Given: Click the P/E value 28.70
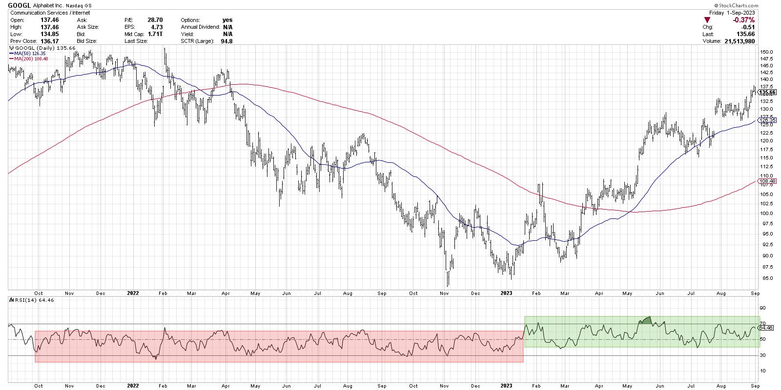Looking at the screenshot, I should (155, 20).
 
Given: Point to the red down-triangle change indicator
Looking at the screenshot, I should (706, 20).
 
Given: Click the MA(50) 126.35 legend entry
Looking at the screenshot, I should (30, 53).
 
